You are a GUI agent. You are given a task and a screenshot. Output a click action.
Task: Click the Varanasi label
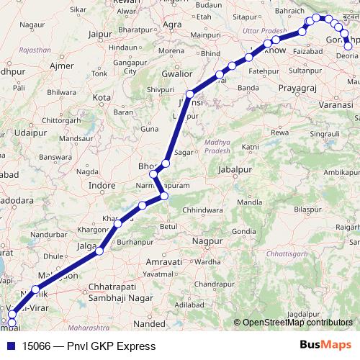[336, 105]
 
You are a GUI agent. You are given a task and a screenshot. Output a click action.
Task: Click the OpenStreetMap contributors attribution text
[297, 323]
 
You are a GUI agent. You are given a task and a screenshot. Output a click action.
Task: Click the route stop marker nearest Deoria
[348, 47]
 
